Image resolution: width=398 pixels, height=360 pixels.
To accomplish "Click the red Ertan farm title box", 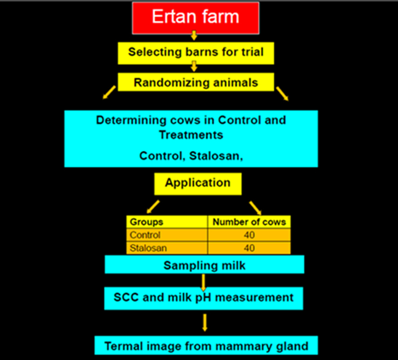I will (x=195, y=17).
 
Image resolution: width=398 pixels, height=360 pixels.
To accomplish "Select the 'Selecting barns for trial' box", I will (x=195, y=52).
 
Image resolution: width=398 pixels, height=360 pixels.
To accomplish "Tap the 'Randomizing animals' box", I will (x=195, y=81).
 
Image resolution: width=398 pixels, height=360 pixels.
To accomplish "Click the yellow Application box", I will (x=197, y=183).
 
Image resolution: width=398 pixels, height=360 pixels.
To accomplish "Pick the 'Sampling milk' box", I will (x=204, y=265).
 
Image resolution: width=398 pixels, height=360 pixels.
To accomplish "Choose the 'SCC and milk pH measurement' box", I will (x=204, y=298).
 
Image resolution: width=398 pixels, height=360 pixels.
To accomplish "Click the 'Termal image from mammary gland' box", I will (x=206, y=345).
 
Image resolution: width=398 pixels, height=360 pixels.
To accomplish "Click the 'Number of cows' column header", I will (x=249, y=221).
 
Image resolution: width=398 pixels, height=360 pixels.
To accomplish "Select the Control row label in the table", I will (x=145, y=235).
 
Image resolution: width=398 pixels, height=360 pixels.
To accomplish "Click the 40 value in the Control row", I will (x=249, y=235).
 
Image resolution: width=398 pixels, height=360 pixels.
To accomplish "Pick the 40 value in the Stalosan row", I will (x=249, y=248).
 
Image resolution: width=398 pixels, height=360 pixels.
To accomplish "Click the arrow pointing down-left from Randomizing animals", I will (x=108, y=94).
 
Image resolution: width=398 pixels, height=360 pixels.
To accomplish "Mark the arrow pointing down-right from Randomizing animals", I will (x=282, y=94).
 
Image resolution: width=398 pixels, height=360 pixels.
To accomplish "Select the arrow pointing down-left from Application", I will (x=152, y=205).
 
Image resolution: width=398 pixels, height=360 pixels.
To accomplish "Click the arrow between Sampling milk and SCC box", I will (x=204, y=282).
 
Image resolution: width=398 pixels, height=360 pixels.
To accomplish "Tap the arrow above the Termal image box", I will (x=205, y=322).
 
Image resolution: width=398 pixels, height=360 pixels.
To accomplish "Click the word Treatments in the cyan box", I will (x=191, y=134).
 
